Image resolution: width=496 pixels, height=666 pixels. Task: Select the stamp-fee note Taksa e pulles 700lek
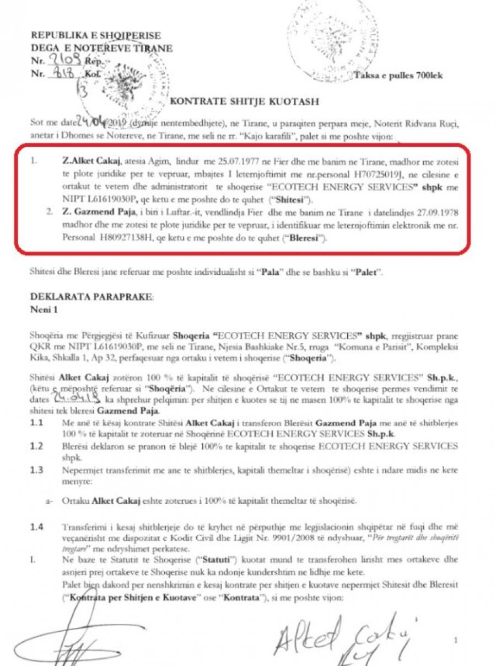tap(398, 75)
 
